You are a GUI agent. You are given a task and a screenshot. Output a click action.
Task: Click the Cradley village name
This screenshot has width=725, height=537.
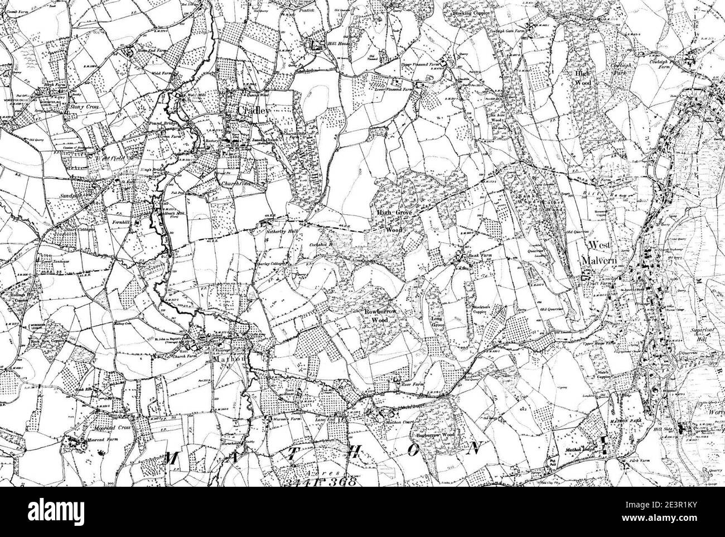pyautogui.click(x=254, y=111)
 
